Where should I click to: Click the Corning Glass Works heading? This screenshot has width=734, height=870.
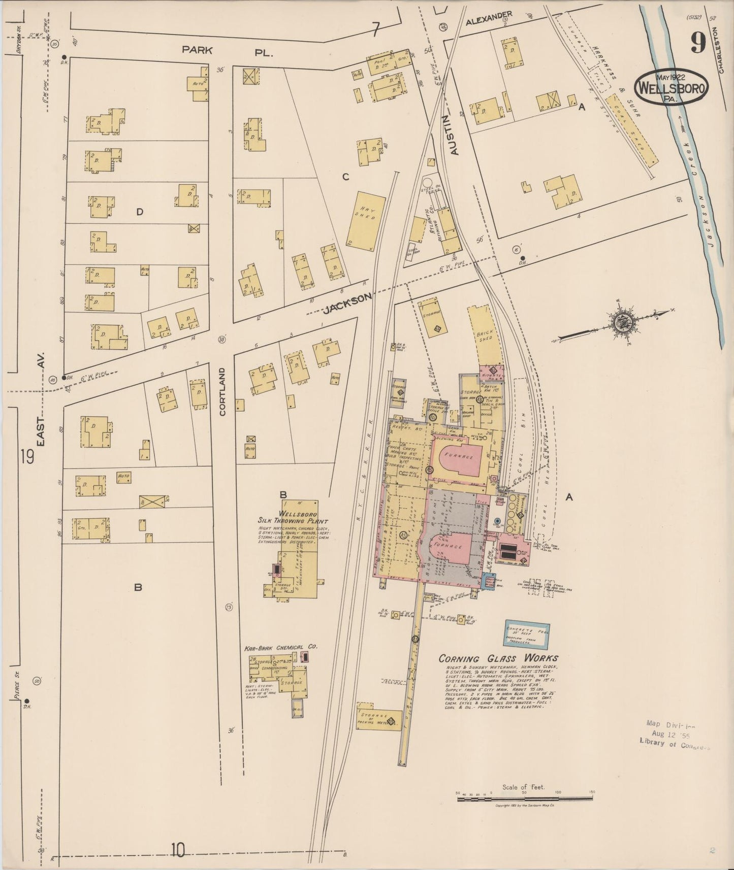498,659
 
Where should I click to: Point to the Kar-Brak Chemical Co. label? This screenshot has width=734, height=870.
281,647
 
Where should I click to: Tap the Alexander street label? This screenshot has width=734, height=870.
489,18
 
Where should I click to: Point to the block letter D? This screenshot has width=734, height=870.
140,212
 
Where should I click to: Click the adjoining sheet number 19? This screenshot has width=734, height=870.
27,456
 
